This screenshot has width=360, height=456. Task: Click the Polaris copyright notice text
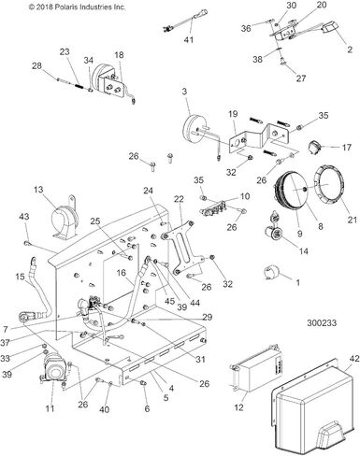77,7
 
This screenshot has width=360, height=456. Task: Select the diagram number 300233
322,323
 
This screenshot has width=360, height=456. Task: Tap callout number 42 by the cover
354,358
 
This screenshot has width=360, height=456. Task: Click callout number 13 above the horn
38,190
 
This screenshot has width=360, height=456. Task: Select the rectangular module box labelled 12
255,369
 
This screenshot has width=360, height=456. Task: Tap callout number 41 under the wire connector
189,40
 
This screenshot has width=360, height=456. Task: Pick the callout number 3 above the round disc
184,92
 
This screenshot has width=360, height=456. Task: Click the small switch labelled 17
314,147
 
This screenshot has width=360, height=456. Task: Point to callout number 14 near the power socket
304,250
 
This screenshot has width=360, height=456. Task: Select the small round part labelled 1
269,273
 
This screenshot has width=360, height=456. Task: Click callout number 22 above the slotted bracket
179,199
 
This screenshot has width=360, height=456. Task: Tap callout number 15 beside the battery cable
20,277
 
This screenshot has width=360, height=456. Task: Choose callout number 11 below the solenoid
50,408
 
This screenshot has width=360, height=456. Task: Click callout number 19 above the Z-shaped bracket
233,114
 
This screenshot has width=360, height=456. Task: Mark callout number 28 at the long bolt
36,65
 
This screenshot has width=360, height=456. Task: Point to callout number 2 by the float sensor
350,50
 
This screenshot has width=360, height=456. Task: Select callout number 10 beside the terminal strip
245,196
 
